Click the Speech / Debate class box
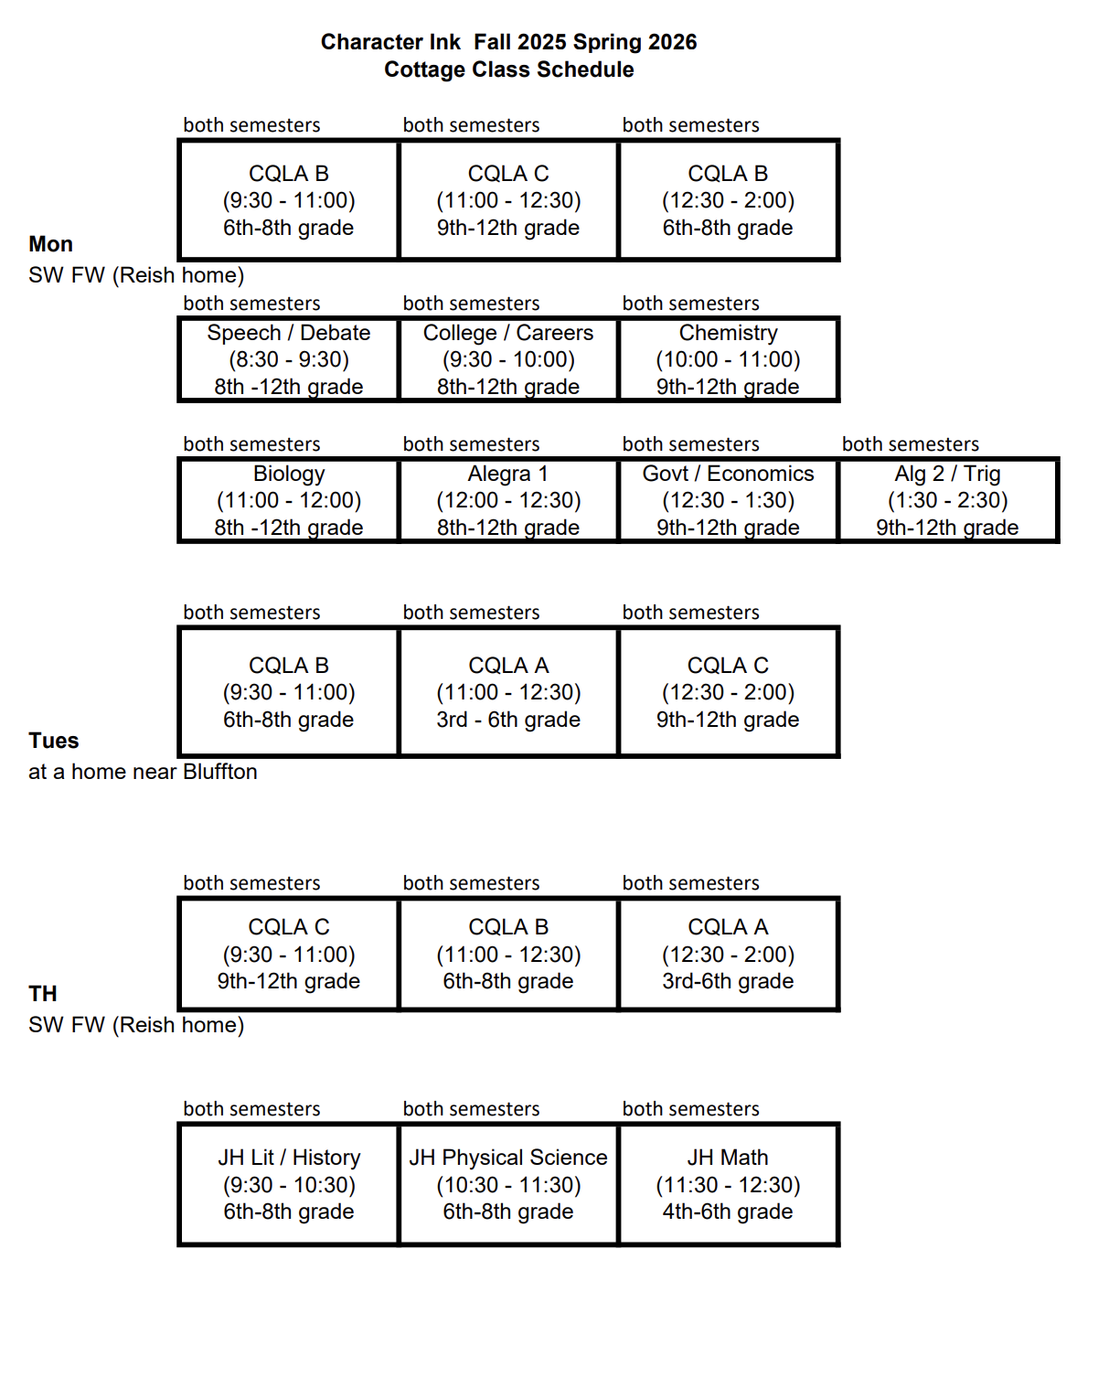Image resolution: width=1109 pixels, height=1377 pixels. (289, 359)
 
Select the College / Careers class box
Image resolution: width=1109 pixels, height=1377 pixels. (508, 359)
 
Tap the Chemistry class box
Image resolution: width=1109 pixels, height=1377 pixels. (729, 359)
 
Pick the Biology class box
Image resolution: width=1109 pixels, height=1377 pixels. (289, 500)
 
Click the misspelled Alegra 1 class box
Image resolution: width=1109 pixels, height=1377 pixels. (508, 500)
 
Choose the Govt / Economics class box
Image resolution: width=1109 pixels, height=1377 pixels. (729, 500)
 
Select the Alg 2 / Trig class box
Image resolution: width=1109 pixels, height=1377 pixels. (948, 500)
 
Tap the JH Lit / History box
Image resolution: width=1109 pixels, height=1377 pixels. (289, 1184)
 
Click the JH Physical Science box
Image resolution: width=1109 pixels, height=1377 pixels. (508, 1184)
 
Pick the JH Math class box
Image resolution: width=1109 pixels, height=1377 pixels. (729, 1184)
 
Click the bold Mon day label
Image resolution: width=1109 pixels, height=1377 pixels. (50, 244)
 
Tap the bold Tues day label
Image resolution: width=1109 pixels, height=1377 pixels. (54, 741)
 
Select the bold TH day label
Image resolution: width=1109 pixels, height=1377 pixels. (43, 993)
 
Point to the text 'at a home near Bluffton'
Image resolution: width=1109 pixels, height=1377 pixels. (143, 771)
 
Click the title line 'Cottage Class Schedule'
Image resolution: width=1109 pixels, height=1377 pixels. (508, 69)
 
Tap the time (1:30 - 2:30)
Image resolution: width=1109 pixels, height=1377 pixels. (948, 500)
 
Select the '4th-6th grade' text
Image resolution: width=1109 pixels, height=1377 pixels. (728, 1212)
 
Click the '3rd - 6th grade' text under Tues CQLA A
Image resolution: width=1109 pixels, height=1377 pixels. (508, 720)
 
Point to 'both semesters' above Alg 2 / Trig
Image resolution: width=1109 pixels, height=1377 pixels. (911, 443)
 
